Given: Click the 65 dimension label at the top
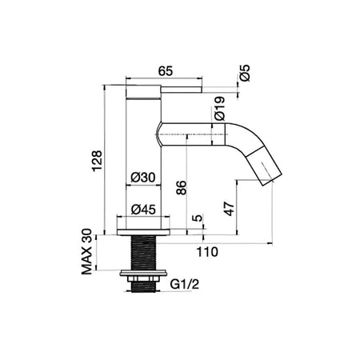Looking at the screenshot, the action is tap(166, 71).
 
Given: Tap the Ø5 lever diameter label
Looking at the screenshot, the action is tap(245, 73).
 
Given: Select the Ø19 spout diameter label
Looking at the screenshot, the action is tap(220, 109).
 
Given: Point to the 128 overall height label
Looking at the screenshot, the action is tap(97, 161).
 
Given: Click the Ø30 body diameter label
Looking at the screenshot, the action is tap(143, 177).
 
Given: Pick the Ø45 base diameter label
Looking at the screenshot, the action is tap(143, 210).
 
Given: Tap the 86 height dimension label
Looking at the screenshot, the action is tap(182, 188).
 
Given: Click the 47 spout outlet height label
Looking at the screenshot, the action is tap(230, 209).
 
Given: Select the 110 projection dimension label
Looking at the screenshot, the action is tap(207, 252).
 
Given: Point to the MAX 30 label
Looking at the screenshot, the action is tap(86, 251).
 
